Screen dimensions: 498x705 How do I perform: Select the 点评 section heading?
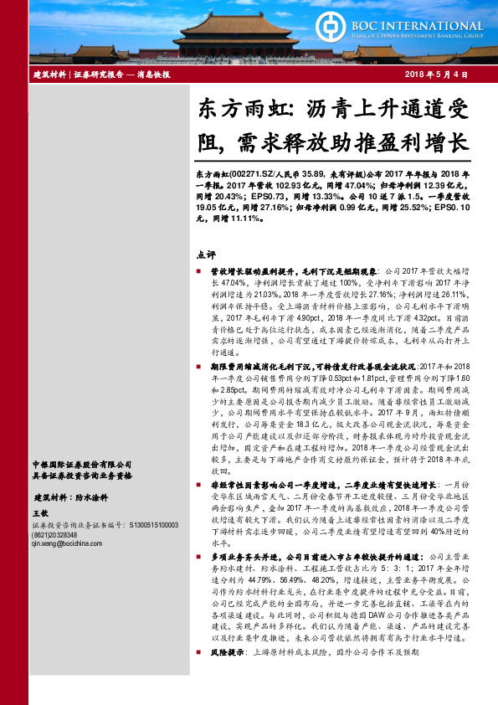point(206,255)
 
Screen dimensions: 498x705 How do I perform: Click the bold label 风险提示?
point(226,674)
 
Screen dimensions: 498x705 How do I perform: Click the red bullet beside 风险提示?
point(199,674)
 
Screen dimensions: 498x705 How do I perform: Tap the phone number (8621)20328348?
point(57,534)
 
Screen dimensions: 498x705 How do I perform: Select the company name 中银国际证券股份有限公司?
point(81,464)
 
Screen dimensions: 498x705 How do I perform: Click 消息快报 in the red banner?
point(154,75)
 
